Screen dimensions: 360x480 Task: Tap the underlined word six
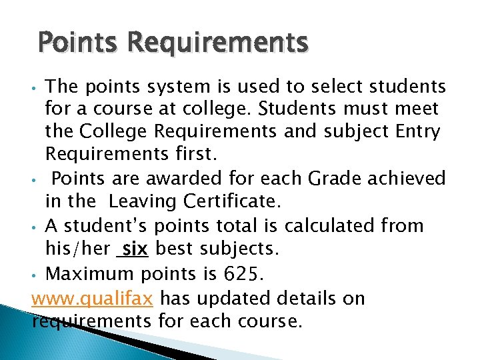136,249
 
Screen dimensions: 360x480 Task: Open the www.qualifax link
93,297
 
